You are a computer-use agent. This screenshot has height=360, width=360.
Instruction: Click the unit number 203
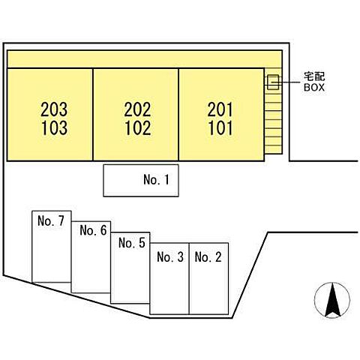pyautogui.click(x=54, y=109)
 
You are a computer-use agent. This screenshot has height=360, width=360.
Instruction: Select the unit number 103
pyautogui.click(x=55, y=127)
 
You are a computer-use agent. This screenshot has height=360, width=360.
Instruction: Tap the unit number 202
pyautogui.click(x=137, y=109)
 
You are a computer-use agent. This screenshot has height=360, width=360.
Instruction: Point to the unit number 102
pyautogui.click(x=138, y=127)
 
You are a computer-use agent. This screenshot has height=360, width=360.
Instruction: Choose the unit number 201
pyautogui.click(x=220, y=109)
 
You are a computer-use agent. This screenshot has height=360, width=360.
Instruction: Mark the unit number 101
pyautogui.click(x=220, y=127)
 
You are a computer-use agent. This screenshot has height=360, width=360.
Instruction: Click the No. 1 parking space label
pyautogui.click(x=156, y=179)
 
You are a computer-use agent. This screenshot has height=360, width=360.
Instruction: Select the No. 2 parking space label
pyautogui.click(x=208, y=257)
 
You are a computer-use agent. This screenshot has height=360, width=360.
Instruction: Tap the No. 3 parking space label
pyautogui.click(x=170, y=257)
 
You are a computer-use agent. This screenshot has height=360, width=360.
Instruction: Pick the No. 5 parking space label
pyautogui.click(x=132, y=243)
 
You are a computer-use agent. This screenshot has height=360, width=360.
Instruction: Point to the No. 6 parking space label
pyautogui.click(x=93, y=230)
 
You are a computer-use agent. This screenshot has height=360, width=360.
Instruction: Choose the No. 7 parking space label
pyautogui.click(x=51, y=220)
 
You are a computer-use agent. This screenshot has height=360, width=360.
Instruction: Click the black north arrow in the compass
pyautogui.click(x=332, y=299)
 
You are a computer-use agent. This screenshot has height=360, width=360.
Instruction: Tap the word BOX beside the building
pyautogui.click(x=314, y=87)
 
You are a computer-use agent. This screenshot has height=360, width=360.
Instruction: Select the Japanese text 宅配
pyautogui.click(x=314, y=76)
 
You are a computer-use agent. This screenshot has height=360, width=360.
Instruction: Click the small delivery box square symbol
pyautogui.click(x=273, y=82)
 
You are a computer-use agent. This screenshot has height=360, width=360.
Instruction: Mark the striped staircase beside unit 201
pyautogui.click(x=273, y=110)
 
